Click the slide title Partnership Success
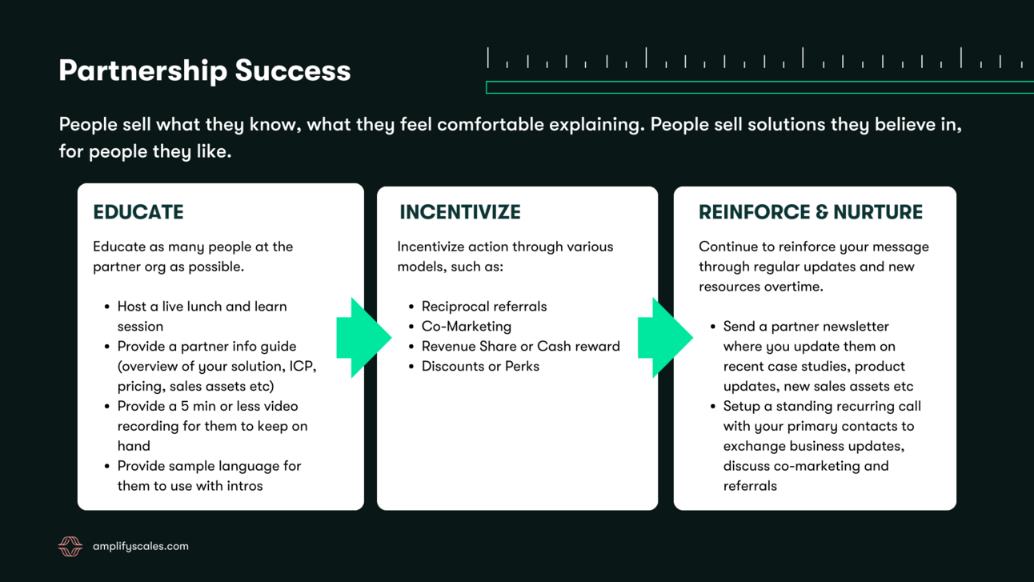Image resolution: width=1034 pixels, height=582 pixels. point(204,70)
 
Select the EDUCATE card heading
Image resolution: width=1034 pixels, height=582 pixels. point(138,212)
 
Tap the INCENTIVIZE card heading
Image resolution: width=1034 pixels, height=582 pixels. point(460,212)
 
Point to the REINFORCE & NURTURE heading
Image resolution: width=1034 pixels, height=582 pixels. point(810,212)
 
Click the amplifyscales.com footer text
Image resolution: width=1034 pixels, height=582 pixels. point(141,547)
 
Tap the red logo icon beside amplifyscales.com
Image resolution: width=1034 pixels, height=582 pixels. point(70,547)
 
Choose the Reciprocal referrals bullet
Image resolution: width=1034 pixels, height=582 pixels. point(483,307)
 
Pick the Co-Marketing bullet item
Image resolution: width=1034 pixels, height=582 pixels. point(466,327)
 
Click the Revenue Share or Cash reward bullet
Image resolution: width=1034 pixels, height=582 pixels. point(520,347)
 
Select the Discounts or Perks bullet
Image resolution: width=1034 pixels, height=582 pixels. point(480,367)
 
